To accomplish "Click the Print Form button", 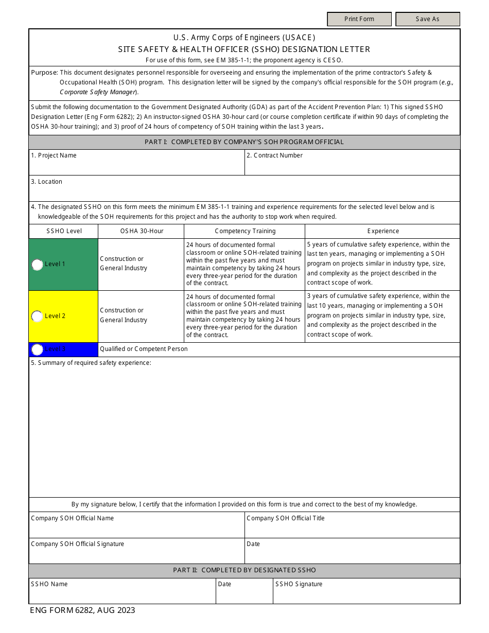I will click(359, 19).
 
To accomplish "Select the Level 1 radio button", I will click(37, 265).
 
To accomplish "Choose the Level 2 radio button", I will click(37, 316).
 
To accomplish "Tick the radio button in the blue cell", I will click(37, 349).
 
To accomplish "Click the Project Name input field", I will click(136, 166).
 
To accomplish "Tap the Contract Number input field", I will click(352, 166).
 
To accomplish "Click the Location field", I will click(244, 191).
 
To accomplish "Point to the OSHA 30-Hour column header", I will click(142, 231).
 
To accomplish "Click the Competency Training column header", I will click(245, 231).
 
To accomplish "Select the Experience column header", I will click(383, 231).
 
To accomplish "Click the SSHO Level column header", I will click(64, 231).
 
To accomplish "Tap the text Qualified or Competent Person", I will click(144, 349).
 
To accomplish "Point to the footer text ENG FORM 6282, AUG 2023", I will click(82, 610).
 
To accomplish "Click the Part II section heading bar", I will click(244, 570).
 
